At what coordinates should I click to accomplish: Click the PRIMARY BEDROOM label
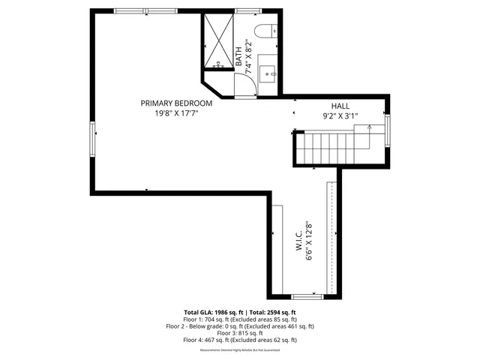point(176,103)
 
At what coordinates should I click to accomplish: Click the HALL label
point(340,106)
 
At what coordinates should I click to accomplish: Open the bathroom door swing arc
point(243,87)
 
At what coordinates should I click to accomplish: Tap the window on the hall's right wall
point(388,128)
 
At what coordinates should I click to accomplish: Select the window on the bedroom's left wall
point(94,140)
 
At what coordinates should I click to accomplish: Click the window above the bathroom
point(247,10)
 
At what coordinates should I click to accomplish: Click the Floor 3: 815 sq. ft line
point(240,333)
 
